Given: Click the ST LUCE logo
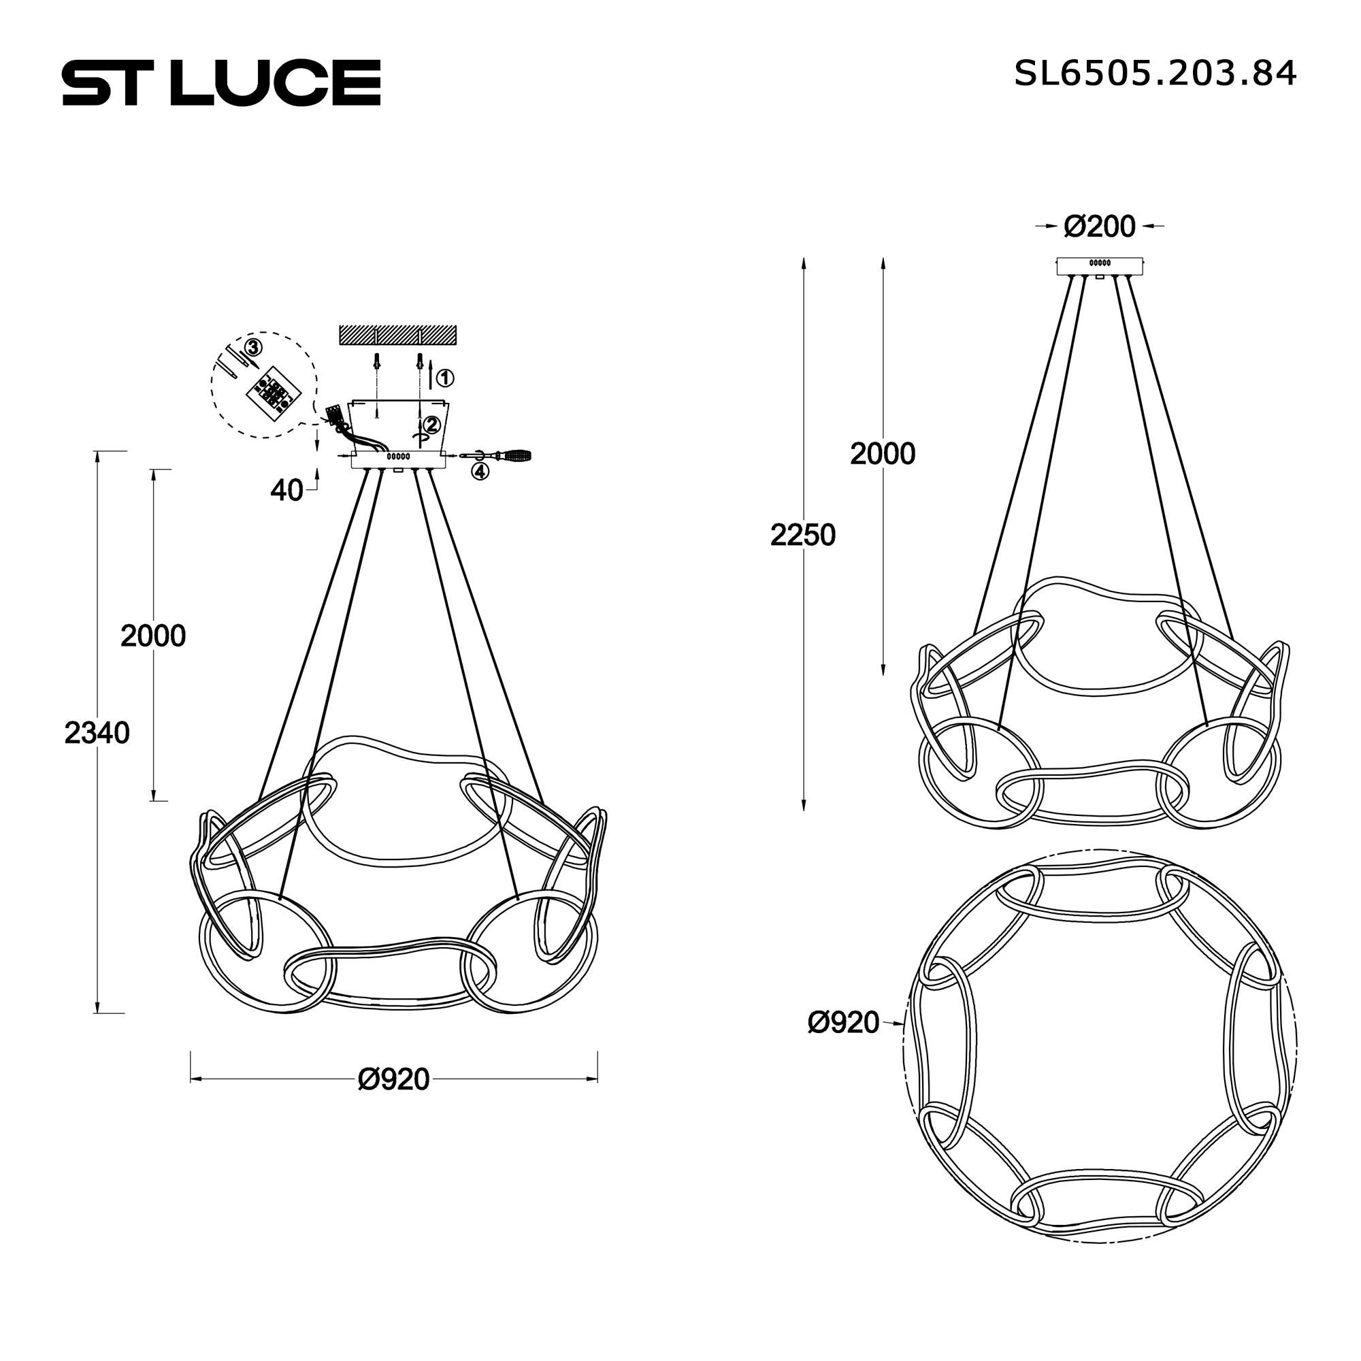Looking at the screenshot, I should click(x=221, y=82).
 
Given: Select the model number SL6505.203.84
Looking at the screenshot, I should click(x=1155, y=73).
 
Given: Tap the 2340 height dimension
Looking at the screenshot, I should click(x=97, y=734).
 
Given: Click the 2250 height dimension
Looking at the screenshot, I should click(x=802, y=536).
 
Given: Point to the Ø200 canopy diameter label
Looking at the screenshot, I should click(x=1099, y=227).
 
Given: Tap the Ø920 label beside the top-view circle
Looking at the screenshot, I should click(x=843, y=1022).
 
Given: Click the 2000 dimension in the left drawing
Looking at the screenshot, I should click(x=153, y=636).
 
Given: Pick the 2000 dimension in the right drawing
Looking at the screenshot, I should click(x=882, y=455).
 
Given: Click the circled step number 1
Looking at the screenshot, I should click(x=445, y=378).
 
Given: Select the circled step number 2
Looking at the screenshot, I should click(x=431, y=425).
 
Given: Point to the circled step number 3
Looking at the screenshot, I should click(x=254, y=347).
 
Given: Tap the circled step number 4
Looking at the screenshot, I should click(x=480, y=472).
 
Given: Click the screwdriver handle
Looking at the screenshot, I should click(x=516, y=456).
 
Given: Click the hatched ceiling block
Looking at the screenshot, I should click(x=397, y=335).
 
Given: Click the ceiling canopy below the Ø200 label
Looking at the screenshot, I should click(x=1099, y=266).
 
